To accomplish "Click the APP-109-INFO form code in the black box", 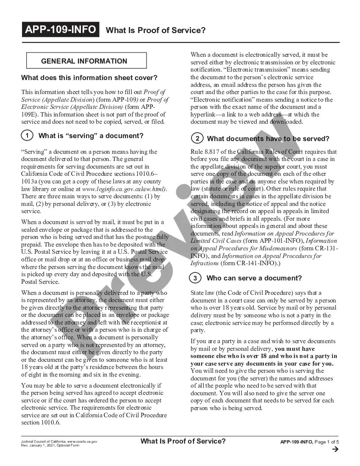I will [61, 30].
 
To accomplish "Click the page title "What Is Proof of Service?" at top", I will [155, 31].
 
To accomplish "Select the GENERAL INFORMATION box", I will [86, 61].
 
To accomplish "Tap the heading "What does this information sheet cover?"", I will [89, 78].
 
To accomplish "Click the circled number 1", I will [27, 136].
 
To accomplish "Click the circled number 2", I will [197, 139].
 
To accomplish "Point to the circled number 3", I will [195, 278].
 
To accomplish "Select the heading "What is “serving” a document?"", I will [91, 136].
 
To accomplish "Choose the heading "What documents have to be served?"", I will [268, 139].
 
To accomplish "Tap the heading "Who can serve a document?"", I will [254, 278].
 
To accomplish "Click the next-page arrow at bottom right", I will [336, 450].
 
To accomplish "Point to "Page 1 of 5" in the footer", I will [327, 442].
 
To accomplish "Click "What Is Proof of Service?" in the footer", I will [183, 441].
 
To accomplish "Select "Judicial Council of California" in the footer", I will [44, 441].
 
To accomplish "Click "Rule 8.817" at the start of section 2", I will [205, 152].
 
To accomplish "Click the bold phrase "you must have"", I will [294, 349].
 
